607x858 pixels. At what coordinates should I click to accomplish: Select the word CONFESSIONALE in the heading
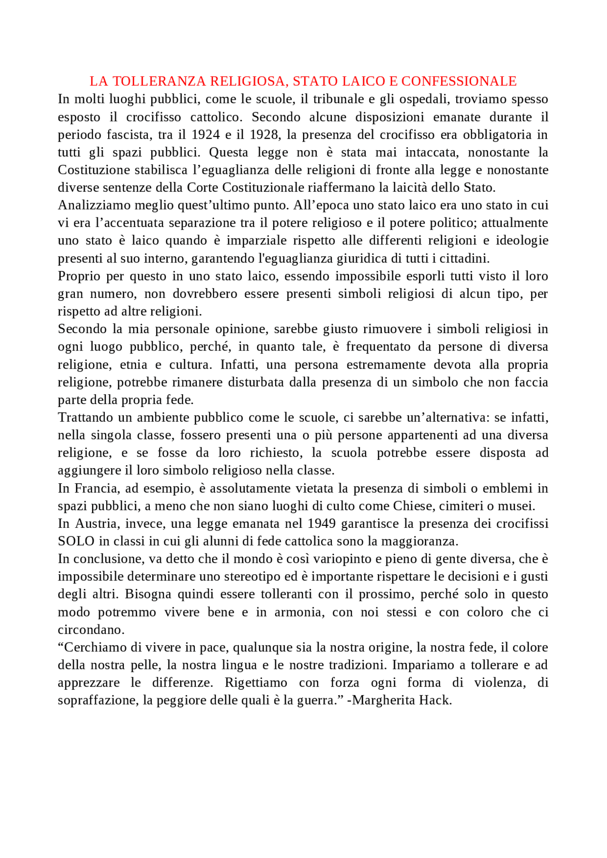(459, 81)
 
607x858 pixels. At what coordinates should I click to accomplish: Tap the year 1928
(263, 135)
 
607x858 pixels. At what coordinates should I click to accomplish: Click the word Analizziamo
(94, 206)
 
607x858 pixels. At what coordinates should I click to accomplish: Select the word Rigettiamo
(256, 683)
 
